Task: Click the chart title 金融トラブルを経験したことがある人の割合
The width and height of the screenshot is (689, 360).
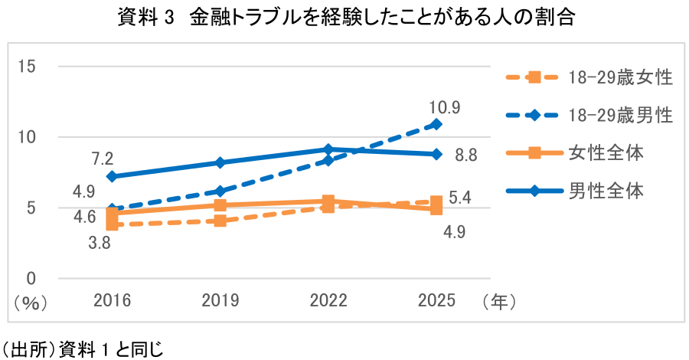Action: [382, 18]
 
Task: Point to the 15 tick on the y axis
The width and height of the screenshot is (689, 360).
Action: [26, 67]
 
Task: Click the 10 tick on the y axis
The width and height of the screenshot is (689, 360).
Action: [26, 137]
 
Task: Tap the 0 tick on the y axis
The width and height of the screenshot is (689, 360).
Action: [31, 278]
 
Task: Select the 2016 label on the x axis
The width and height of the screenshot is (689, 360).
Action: [113, 301]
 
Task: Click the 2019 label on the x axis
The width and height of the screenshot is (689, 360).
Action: [220, 301]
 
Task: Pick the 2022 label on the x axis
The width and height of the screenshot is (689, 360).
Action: [328, 301]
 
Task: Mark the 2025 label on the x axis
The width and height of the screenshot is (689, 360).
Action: [436, 301]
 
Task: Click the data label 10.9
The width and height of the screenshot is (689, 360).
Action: [446, 107]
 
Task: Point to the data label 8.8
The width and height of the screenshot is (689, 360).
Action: [465, 155]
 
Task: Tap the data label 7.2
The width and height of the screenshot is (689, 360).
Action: [103, 159]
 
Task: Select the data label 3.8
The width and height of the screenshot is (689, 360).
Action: [100, 243]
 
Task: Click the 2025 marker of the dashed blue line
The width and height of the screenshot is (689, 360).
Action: [436, 124]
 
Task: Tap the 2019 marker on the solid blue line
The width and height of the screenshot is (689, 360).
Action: [220, 162]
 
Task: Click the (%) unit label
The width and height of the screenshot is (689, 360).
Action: [30, 303]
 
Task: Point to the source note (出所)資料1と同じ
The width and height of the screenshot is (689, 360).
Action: [82, 350]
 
